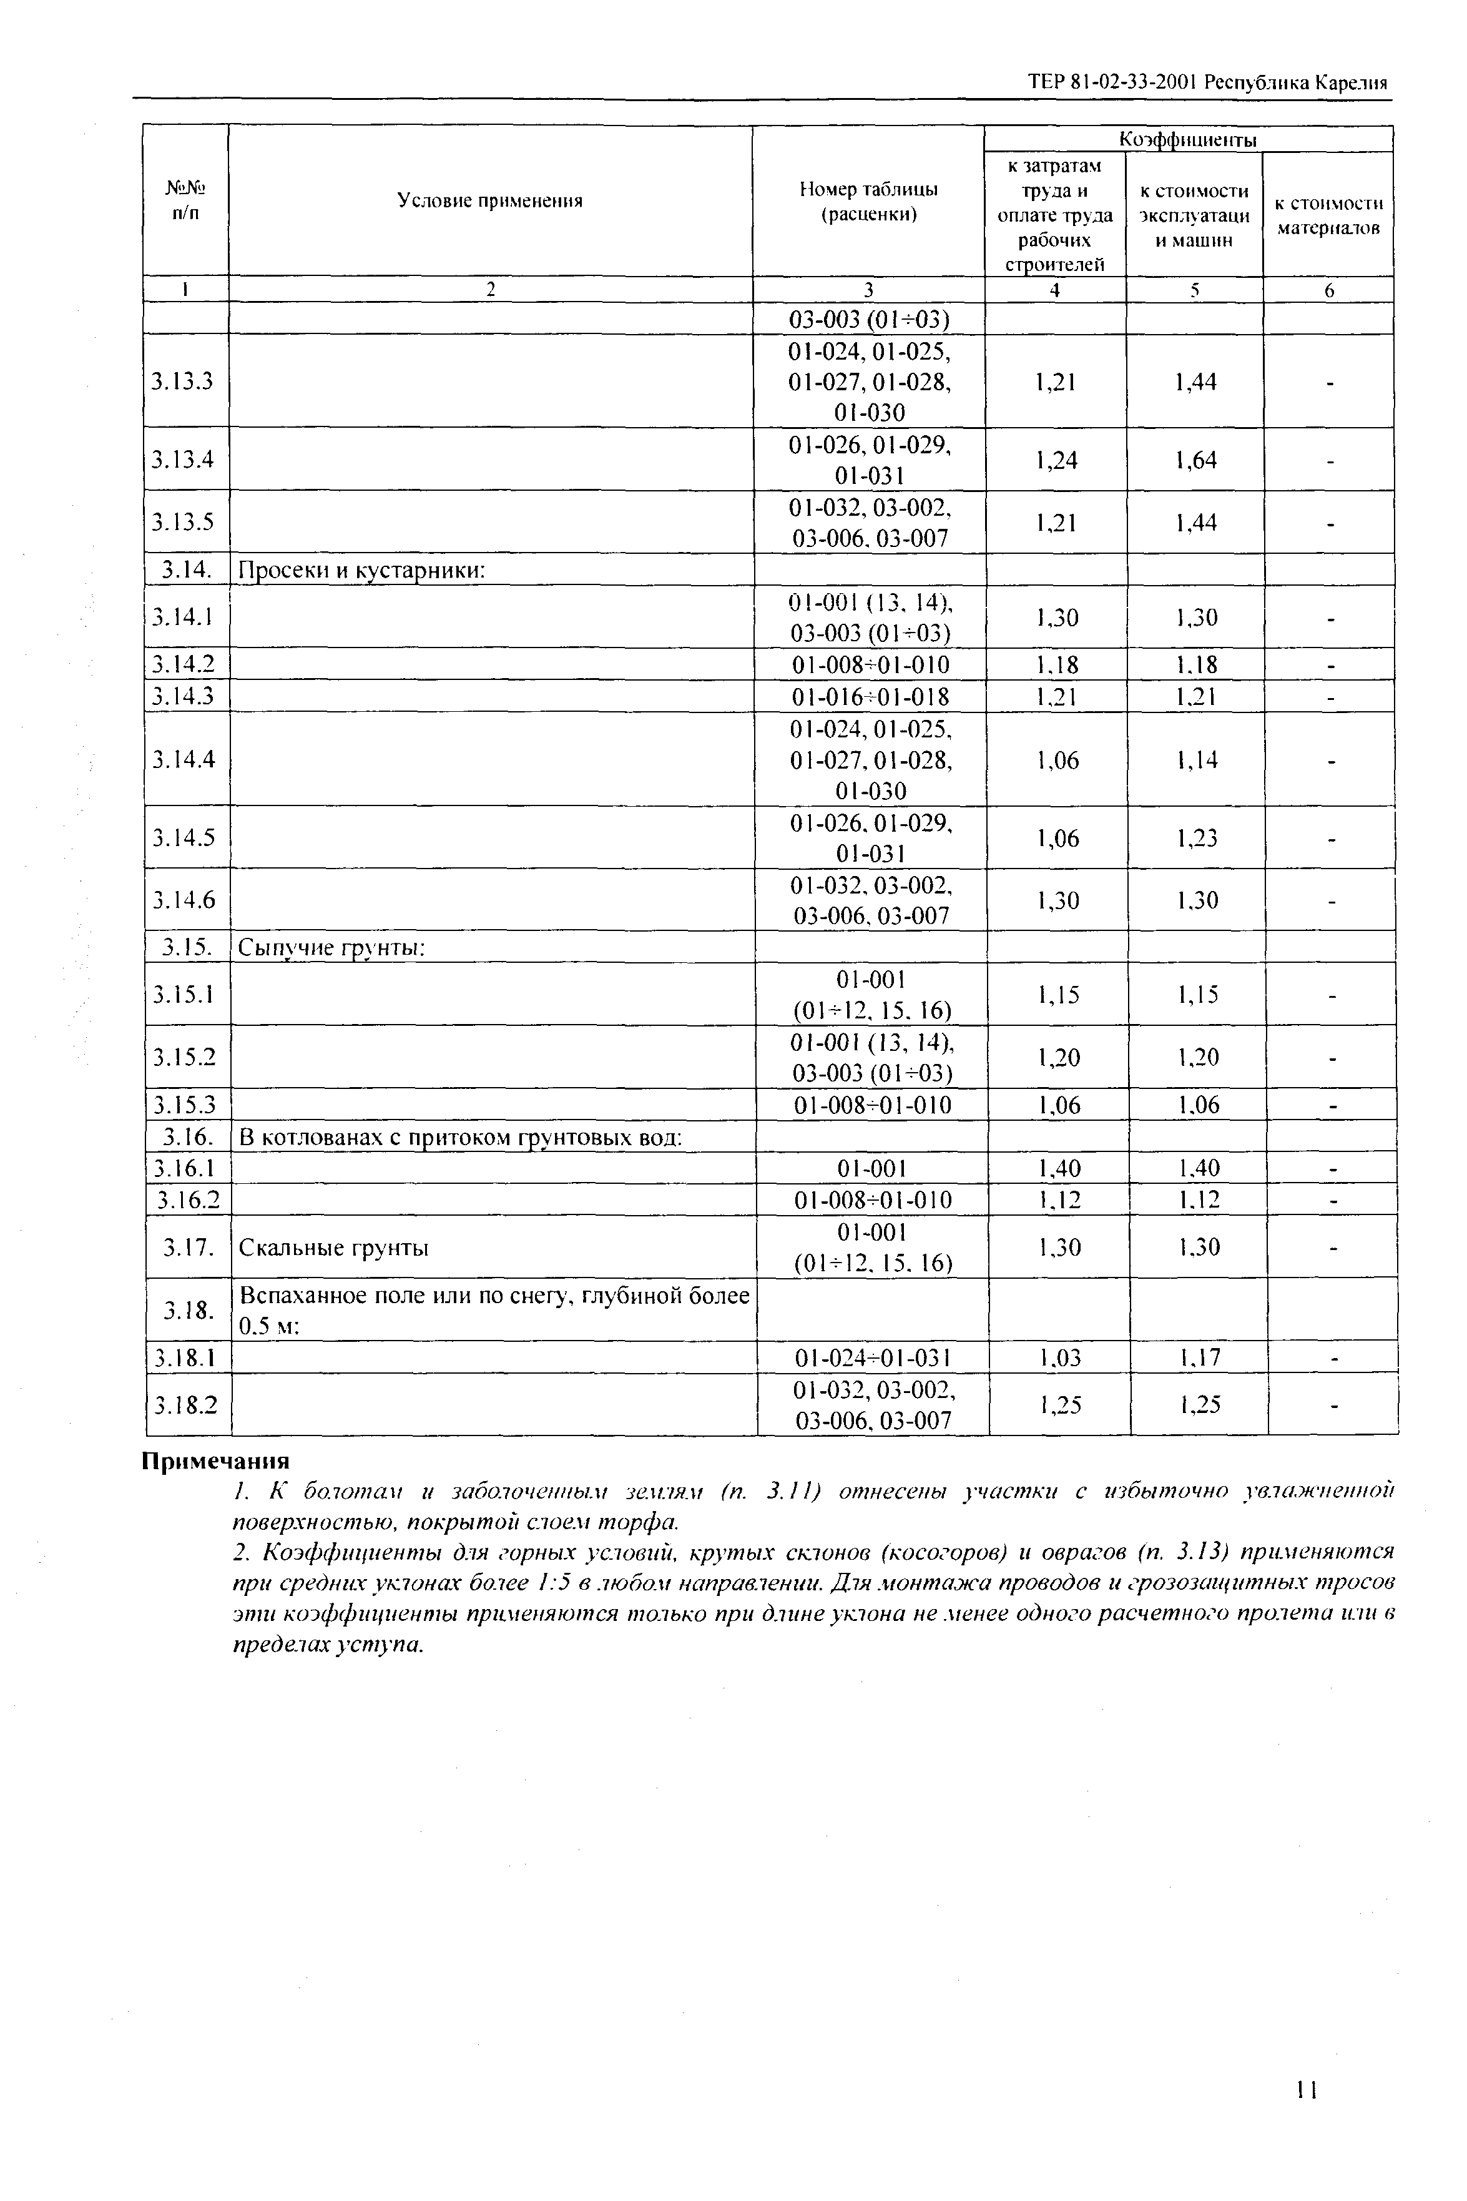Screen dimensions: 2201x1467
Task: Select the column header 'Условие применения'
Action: tap(489, 201)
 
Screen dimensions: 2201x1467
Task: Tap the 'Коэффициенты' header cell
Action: tap(1188, 139)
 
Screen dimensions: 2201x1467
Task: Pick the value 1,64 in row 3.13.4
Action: tap(1195, 460)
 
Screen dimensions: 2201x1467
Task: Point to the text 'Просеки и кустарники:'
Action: tap(361, 570)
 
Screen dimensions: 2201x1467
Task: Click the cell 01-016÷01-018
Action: tap(870, 696)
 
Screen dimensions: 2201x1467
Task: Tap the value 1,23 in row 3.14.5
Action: tap(1197, 837)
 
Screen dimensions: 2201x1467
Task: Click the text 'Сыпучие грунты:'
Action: tap(332, 948)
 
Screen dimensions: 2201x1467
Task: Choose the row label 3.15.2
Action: tap(184, 1056)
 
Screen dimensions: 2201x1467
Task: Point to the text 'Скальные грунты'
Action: tap(334, 1248)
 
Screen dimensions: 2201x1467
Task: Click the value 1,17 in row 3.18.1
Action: tap(1199, 1358)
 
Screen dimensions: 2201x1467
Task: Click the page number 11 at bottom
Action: tap(1306, 2090)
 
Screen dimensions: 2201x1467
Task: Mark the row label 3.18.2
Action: tap(185, 1405)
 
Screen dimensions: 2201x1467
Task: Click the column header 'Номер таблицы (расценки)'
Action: tap(868, 201)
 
